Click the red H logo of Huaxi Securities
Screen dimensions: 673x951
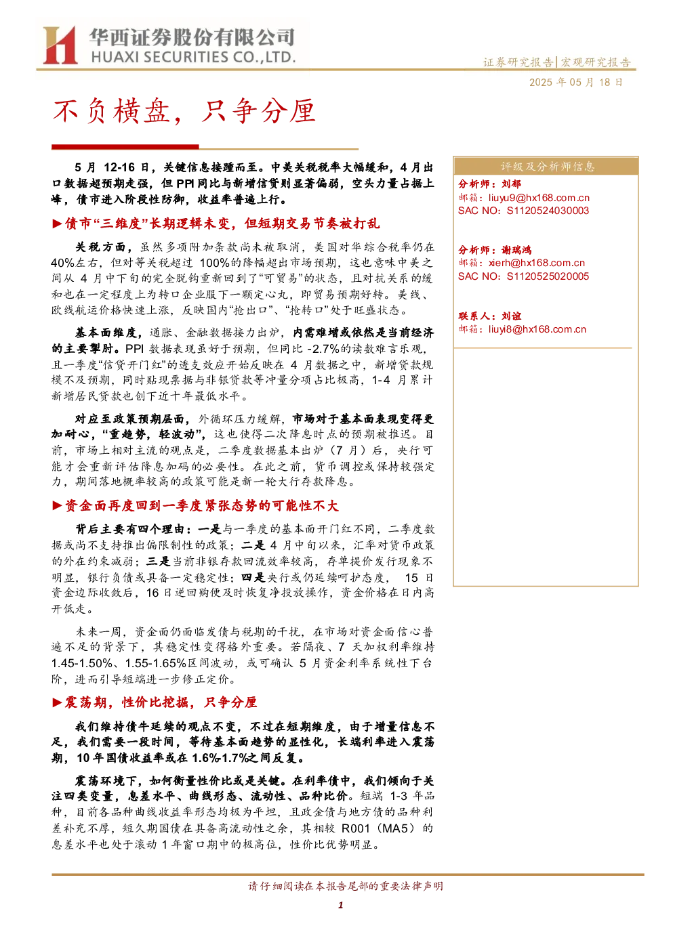pyautogui.click(x=60, y=45)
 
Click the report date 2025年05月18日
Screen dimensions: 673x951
pyautogui.click(x=575, y=82)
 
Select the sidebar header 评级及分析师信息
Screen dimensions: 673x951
pyautogui.click(x=547, y=167)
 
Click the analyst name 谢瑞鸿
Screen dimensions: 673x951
pyautogui.click(x=516, y=250)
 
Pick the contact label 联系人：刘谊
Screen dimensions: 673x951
pyautogui.click(x=489, y=316)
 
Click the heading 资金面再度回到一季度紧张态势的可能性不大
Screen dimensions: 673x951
pyautogui.click(x=201, y=506)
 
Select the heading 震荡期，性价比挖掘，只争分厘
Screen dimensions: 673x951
pyautogui.click(x=161, y=702)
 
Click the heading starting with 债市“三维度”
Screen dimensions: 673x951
pyautogui.click(x=222, y=224)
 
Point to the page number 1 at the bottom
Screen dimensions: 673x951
pyautogui.click(x=340, y=905)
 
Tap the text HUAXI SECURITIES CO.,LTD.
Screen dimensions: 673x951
pyautogui.click(x=193, y=57)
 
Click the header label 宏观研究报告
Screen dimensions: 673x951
pyautogui.click(x=596, y=62)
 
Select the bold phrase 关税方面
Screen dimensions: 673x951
pyautogui.click(x=100, y=247)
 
